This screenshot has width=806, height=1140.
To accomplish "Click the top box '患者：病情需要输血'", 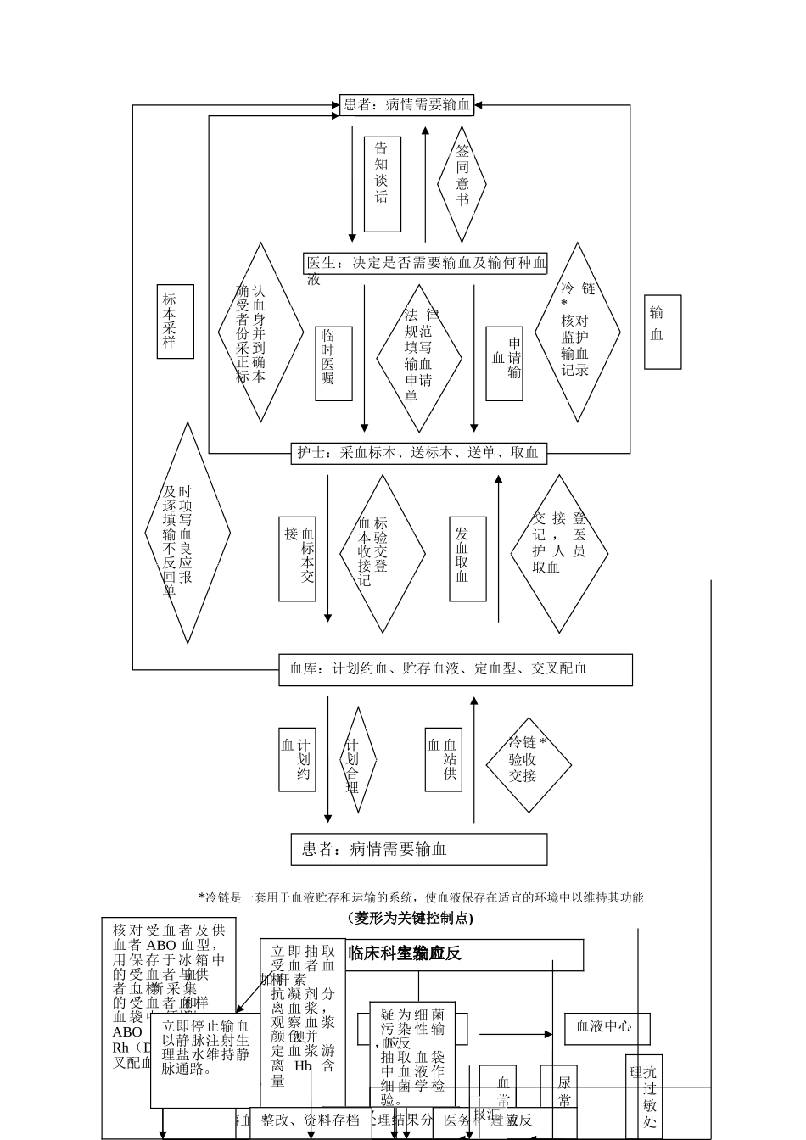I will point(406,105).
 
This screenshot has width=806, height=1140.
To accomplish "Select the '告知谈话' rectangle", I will point(382,184).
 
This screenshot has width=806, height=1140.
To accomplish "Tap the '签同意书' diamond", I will point(462,184).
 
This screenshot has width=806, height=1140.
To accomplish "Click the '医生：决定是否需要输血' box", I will point(425,263).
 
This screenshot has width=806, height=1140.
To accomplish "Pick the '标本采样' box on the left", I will point(176,321).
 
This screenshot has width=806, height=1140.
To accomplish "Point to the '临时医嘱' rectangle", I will point(333,363).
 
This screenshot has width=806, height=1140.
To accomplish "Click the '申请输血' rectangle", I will point(504,364).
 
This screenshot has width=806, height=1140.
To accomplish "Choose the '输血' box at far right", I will point(663,332).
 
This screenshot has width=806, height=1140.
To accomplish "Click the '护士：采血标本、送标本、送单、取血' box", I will point(418,453).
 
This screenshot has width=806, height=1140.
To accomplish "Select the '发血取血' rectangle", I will point(467,559).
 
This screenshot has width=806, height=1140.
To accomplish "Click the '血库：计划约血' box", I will point(456,669).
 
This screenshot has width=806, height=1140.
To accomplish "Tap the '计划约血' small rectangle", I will point(298,759).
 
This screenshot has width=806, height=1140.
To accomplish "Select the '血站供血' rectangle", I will point(444,759).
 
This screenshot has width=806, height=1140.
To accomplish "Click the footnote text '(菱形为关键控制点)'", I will point(410,918).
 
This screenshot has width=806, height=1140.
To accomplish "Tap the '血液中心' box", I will point(607,1027).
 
